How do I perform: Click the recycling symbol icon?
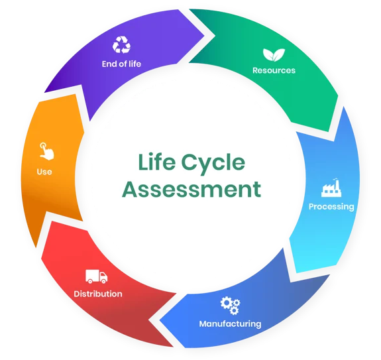(x=121, y=44)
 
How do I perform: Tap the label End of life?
(x=121, y=64)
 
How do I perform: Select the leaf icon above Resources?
(x=274, y=54)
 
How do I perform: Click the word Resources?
(x=274, y=70)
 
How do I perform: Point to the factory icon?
(x=331, y=188)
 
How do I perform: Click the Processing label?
(x=331, y=207)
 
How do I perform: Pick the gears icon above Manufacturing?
(x=230, y=306)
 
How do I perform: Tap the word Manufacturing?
(x=230, y=324)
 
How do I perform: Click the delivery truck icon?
(x=96, y=276)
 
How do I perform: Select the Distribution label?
(x=98, y=294)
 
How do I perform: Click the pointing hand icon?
(x=46, y=151)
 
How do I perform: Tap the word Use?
(x=44, y=172)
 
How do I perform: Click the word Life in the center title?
(x=156, y=162)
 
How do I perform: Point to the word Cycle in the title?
(x=213, y=164)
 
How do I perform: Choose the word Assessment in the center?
(x=191, y=189)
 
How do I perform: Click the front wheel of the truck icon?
(x=103, y=281)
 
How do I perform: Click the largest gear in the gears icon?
(x=226, y=302)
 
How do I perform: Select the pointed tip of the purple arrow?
(x=204, y=36)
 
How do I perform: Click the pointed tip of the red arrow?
(x=148, y=321)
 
